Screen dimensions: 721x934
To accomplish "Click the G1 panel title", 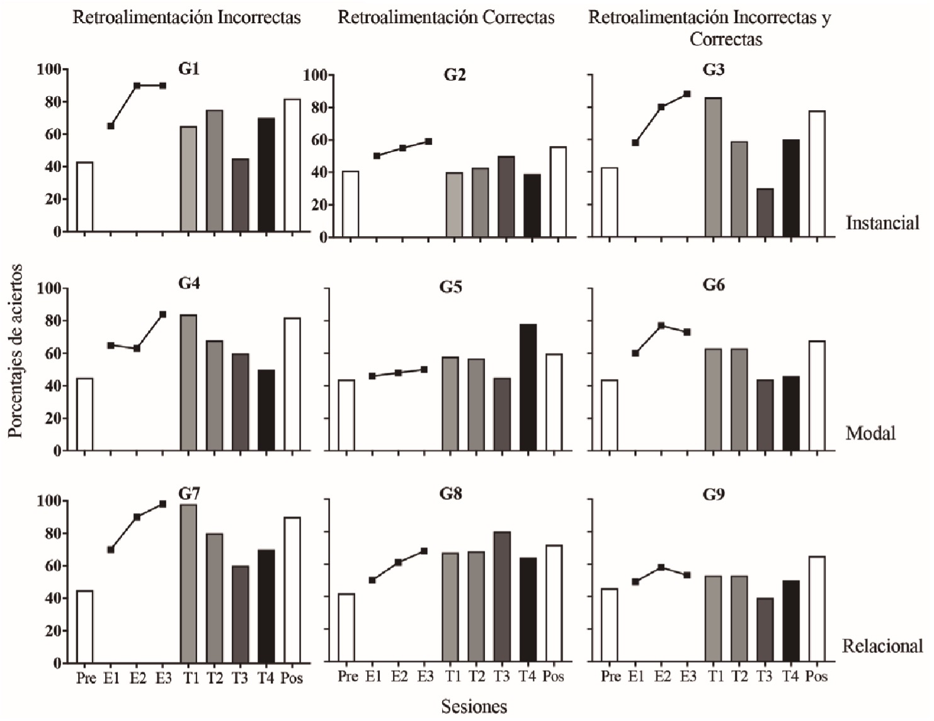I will click(x=189, y=69).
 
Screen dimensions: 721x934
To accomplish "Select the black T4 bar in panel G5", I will click(x=528, y=387).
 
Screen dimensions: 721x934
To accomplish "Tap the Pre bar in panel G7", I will click(x=85, y=627).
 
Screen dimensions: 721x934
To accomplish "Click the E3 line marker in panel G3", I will click(x=687, y=94).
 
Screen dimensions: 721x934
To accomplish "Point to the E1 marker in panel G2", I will click(x=377, y=156).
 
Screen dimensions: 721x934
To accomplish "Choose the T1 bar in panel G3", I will click(x=713, y=167).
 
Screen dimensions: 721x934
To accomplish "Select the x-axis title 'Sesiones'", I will click(x=474, y=707).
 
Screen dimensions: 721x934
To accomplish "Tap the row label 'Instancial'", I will click(x=882, y=223).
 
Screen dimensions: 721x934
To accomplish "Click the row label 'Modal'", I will click(x=870, y=433).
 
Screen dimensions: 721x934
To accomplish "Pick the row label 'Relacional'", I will click(x=882, y=646).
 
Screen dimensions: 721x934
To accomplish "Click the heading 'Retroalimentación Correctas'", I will click(x=446, y=17).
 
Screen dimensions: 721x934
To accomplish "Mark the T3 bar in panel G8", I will click(x=502, y=596).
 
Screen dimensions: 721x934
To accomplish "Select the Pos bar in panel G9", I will click(x=817, y=609).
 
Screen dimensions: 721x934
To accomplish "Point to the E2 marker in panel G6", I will click(x=661, y=326).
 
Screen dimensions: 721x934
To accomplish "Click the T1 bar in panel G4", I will click(x=189, y=383).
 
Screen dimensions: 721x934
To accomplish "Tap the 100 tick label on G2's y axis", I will click(x=315, y=76).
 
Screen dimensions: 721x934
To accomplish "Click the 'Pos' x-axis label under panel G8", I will click(x=553, y=677).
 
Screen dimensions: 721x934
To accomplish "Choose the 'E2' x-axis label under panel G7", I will click(x=137, y=678).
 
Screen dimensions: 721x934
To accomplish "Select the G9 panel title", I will click(x=714, y=494).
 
